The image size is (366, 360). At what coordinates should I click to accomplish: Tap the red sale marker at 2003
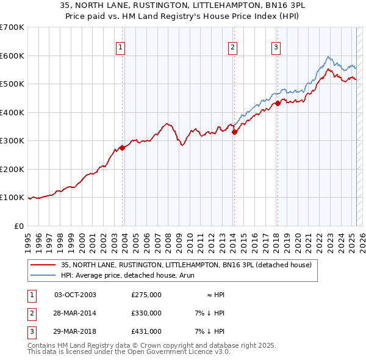point(122,147)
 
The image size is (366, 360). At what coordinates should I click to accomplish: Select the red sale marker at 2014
point(234,132)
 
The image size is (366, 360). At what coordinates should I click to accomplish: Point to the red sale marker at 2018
point(278,103)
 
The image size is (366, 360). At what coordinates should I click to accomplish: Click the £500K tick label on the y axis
point(12,84)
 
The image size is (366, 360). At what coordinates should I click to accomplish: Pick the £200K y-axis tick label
point(12,169)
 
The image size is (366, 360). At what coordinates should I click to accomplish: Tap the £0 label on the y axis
point(19,226)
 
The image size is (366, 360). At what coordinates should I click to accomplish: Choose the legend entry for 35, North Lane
point(186,265)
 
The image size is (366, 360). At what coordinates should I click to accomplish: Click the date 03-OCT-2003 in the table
point(75,295)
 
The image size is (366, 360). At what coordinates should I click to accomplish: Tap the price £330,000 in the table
point(146,313)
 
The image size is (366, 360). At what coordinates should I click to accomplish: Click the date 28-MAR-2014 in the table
point(75,313)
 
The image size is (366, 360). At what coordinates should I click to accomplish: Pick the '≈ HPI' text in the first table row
point(216,295)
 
